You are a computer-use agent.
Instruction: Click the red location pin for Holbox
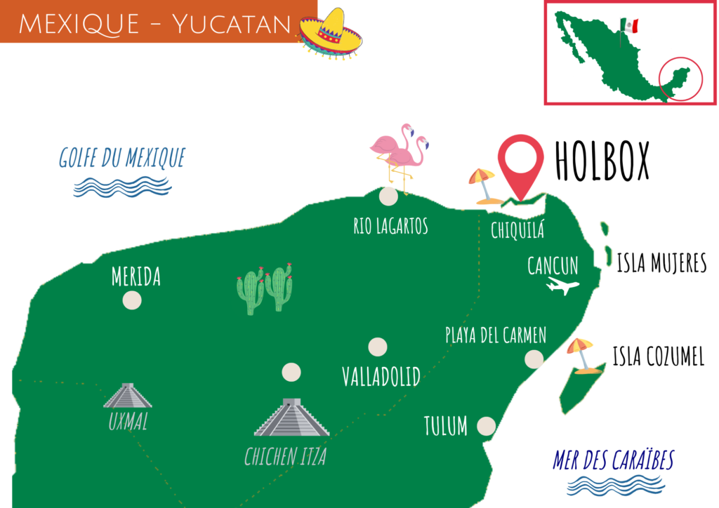[x=520, y=164]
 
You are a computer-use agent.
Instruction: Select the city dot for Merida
[x=131, y=300]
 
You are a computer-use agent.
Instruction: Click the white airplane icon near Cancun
[x=562, y=286]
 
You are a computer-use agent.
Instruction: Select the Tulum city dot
[x=486, y=425]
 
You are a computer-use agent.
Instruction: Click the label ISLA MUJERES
[x=661, y=264]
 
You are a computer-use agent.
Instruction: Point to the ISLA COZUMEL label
[x=658, y=357]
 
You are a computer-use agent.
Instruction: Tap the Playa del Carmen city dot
[x=534, y=359]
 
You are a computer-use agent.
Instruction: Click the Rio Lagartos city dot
[x=388, y=196]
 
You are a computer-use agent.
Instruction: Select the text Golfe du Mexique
[x=121, y=158]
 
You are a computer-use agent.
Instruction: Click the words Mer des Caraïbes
[x=613, y=460]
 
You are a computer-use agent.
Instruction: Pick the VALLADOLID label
[x=381, y=376]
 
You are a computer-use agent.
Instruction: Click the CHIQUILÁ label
[x=517, y=230]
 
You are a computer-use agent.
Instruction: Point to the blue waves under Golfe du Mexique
[x=123, y=186]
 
